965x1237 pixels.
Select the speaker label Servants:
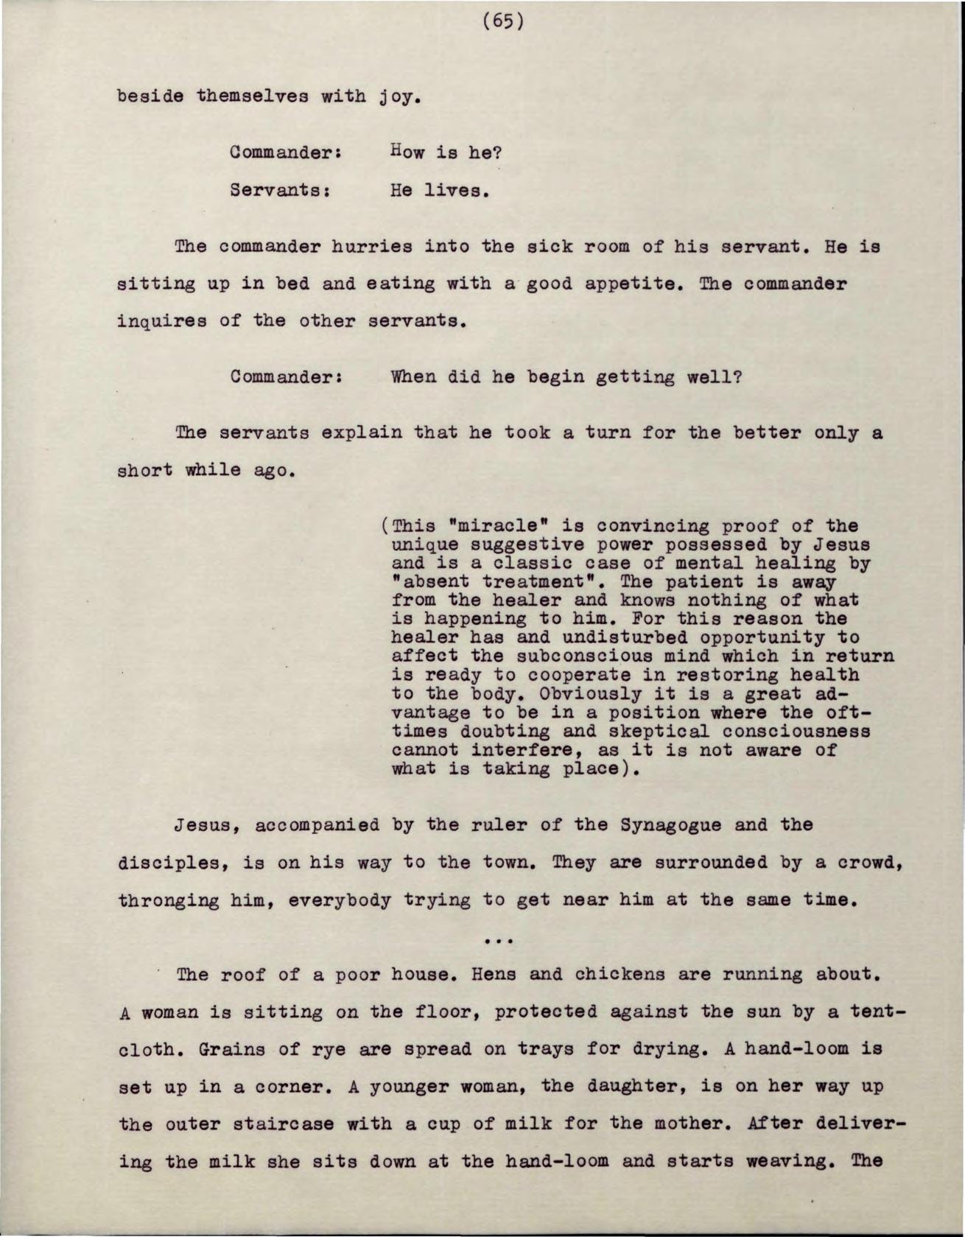tap(278, 191)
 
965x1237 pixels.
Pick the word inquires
tap(162, 321)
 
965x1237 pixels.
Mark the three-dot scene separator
tap(500, 940)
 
